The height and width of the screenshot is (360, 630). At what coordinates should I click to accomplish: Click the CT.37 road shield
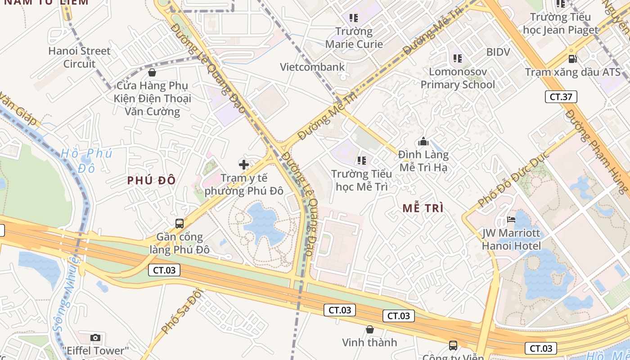(x=561, y=96)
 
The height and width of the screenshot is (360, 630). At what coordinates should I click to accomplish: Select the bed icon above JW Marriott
(x=511, y=220)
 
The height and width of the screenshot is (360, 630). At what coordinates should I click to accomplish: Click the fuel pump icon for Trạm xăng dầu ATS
(x=572, y=58)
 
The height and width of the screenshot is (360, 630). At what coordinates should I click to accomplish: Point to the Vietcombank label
(x=312, y=67)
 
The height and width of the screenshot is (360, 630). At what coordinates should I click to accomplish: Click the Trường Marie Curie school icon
(x=354, y=18)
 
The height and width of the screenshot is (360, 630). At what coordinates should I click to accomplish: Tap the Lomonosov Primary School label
(x=457, y=78)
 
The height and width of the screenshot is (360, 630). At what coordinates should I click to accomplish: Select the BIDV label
(x=498, y=52)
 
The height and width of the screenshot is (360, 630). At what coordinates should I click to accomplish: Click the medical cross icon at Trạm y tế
(x=244, y=165)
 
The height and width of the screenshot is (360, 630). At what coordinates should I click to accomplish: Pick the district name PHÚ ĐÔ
(x=151, y=180)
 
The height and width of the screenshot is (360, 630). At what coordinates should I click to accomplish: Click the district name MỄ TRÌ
(x=423, y=208)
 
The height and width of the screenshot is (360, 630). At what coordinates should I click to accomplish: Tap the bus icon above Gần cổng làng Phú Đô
(x=179, y=223)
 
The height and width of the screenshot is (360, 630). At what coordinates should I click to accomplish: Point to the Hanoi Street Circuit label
(x=79, y=57)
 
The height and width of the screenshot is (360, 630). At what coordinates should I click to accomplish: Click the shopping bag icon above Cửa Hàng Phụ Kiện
(x=152, y=72)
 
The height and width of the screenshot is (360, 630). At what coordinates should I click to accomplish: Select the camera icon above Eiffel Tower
(x=95, y=337)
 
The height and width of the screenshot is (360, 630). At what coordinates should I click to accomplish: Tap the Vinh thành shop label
(x=369, y=342)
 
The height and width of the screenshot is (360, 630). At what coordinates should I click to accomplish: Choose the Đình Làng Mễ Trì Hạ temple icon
(x=423, y=142)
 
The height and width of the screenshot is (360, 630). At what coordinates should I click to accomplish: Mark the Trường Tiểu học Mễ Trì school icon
(x=361, y=160)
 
